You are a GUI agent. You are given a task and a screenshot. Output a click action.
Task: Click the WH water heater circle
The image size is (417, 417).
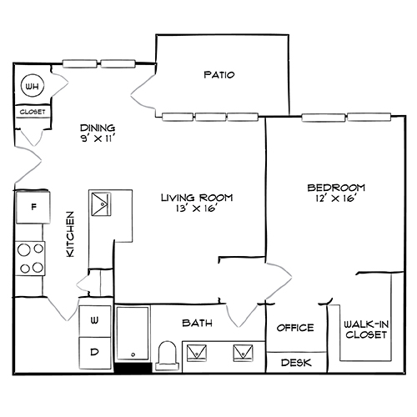pos(33,86)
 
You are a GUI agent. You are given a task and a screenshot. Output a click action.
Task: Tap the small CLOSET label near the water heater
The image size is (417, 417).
pos(33,112)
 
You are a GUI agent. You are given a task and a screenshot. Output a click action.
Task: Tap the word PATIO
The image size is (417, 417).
pos(219,75)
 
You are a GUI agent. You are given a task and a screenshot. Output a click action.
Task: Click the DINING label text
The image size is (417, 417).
pos(97,128)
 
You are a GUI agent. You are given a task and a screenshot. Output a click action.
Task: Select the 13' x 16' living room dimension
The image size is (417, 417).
pos(196,209)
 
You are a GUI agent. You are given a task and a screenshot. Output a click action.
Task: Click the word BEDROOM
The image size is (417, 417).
pos(335,188)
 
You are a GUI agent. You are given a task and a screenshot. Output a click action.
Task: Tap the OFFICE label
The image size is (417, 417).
pos(294,328)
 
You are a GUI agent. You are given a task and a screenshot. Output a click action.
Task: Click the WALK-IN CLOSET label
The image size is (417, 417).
pos(365,329)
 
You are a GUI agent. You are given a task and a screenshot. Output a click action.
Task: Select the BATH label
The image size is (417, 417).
pos(197,323)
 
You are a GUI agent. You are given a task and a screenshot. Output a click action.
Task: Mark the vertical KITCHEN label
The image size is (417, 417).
pos(71,234)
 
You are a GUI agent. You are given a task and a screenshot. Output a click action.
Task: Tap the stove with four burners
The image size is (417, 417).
pos(32,258)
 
